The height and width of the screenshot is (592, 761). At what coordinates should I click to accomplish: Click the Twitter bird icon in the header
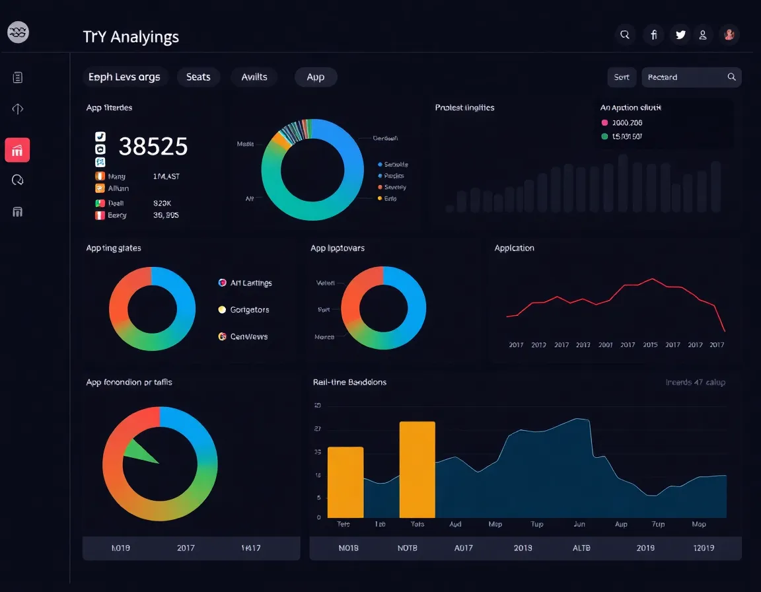pos(680,34)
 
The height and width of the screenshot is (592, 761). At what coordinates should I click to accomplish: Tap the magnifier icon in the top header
pos(625,34)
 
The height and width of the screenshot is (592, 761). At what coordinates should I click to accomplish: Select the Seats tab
pos(198,77)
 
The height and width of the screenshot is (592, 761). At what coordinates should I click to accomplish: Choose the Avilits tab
pos(254,77)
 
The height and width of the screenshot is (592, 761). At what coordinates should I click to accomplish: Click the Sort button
pos(622,77)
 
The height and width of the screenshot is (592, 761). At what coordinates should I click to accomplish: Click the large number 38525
pos(153,146)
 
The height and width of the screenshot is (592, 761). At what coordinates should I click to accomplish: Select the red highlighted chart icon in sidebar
pos(17,150)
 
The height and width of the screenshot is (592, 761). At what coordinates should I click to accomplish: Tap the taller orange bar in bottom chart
pos(417,469)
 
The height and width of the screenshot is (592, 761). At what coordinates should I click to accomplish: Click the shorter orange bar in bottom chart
pos(345,482)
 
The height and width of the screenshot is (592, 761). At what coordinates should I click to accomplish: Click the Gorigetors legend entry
pos(249,310)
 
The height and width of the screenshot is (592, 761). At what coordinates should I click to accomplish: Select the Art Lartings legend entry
pos(250,283)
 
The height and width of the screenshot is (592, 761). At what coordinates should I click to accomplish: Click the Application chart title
pos(514,248)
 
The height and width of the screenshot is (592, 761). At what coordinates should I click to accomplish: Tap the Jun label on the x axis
pos(579,524)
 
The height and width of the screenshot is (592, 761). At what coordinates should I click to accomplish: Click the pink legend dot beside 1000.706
pos(604,123)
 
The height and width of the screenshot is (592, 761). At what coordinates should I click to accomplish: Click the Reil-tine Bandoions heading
pos(349,382)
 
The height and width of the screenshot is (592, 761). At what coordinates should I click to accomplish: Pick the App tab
pos(316,77)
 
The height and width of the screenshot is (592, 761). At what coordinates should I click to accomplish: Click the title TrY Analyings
pos(131,37)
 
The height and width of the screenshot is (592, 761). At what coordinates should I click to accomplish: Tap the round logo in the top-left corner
pos(18,32)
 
